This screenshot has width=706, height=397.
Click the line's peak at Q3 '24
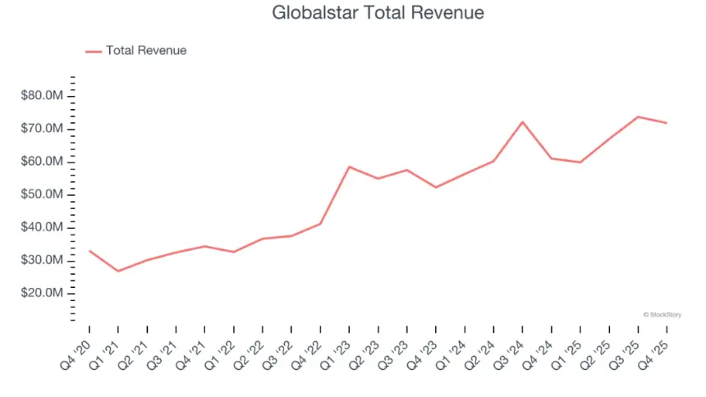click(522, 122)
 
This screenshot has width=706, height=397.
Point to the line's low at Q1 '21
click(118, 272)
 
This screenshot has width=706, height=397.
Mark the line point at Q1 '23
click(349, 167)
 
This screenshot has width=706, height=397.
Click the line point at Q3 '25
click(638, 116)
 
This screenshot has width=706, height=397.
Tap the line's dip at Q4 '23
click(436, 188)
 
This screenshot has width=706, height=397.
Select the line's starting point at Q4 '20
click(89, 251)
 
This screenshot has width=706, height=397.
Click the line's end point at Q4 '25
click(667, 123)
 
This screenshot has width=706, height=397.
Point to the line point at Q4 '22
click(320, 224)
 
